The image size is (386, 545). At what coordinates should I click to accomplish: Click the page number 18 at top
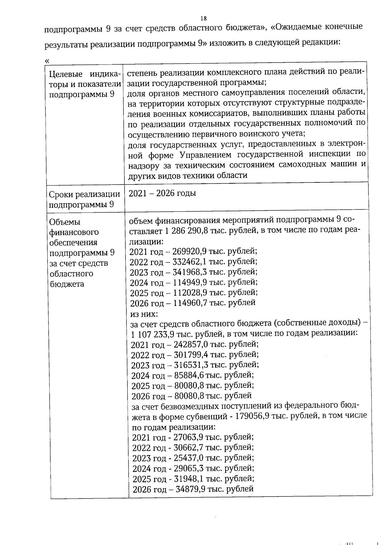pos(203,18)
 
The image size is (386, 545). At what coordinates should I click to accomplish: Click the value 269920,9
pos(189,251)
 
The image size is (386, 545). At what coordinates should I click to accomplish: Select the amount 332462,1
pos(189,261)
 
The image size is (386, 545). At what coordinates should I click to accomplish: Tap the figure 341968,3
pos(190,272)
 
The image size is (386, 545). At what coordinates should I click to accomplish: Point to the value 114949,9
pos(190,282)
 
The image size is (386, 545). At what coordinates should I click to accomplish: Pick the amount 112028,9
pos(190,293)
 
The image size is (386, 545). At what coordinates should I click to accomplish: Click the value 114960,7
pos(190,303)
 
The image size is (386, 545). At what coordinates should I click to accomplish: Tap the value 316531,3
pos(191,365)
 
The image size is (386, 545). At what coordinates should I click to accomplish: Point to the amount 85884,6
pos(189,375)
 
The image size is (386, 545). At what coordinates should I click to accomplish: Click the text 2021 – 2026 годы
pos(162,193)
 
